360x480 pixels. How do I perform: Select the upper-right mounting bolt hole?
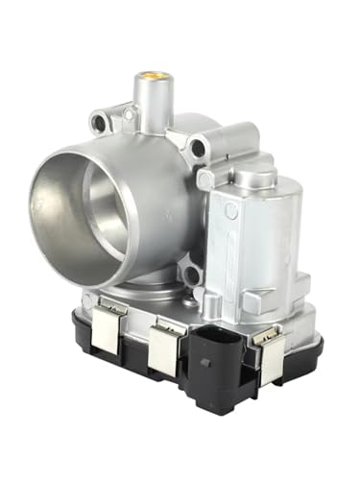pos(199,149)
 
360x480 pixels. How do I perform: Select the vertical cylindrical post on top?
pos(152,96)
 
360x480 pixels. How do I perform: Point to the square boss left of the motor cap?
pos(206,179)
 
